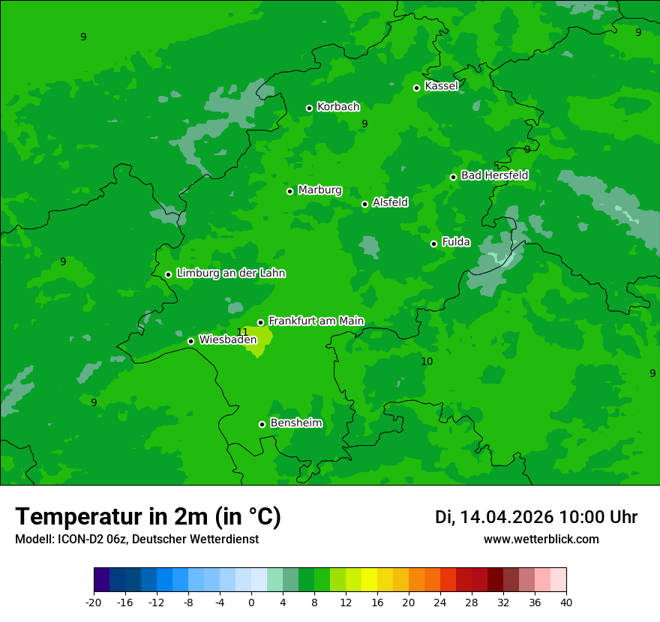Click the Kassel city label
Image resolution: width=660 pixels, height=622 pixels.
(441, 86)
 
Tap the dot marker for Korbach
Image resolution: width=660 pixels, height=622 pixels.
(309, 108)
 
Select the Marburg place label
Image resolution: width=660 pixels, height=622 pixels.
(319, 190)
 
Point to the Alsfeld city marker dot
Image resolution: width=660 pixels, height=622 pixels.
(364, 204)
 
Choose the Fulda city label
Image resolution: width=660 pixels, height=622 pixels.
(456, 242)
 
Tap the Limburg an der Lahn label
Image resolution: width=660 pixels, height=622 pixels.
(230, 274)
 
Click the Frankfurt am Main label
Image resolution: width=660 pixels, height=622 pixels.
(316, 321)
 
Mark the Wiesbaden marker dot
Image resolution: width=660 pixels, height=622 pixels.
(190, 341)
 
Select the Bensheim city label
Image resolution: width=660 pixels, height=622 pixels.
(295, 423)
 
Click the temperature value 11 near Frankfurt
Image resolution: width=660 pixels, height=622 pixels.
(242, 332)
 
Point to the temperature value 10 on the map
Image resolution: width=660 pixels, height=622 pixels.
(427, 361)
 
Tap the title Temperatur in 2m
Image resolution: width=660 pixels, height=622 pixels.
(148, 517)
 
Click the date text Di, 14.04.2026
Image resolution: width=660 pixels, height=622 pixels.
(494, 517)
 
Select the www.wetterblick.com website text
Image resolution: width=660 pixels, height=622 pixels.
(541, 540)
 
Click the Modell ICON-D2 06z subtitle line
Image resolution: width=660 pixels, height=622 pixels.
(136, 540)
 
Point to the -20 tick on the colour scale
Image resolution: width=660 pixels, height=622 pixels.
(94, 602)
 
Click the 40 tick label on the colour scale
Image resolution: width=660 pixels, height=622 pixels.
(566, 602)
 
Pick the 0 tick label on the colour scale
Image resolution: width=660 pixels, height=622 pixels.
(251, 602)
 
